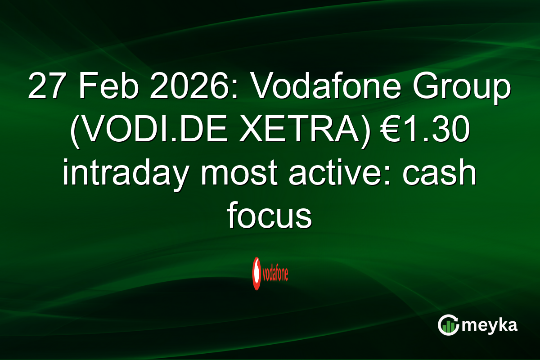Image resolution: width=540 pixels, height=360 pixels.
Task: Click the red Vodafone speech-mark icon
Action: click(x=256, y=273)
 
